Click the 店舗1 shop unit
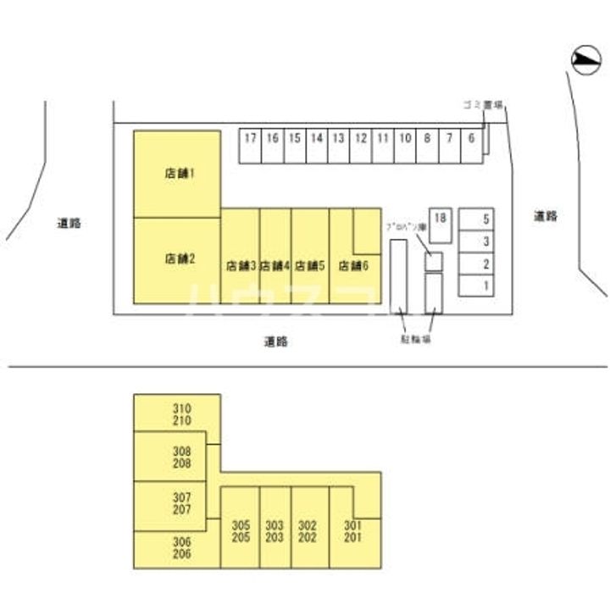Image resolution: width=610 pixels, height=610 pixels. (x=177, y=174)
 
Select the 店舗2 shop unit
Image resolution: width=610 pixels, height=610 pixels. (x=177, y=260)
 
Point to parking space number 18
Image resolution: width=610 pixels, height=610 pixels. (x=440, y=219)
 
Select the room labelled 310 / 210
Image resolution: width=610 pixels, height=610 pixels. (x=181, y=413)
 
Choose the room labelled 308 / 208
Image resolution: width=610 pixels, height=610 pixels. (x=181, y=457)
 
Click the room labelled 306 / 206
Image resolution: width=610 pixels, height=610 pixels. (x=181, y=548)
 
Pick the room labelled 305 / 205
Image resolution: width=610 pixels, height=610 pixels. (x=241, y=530)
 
